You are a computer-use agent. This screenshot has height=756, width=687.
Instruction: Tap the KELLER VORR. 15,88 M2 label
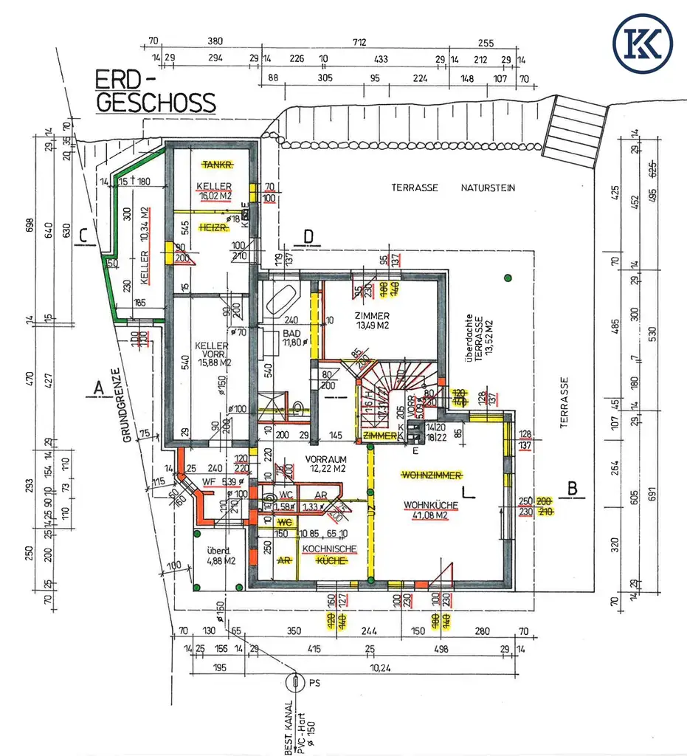213,353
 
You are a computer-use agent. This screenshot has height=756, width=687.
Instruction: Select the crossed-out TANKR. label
218,164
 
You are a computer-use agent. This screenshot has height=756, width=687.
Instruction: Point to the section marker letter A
97,386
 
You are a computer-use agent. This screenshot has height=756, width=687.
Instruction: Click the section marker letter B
571,488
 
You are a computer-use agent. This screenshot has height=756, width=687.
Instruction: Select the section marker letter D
308,236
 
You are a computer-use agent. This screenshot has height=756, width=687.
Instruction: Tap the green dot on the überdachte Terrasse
508,278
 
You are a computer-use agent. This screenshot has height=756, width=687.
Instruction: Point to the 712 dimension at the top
359,41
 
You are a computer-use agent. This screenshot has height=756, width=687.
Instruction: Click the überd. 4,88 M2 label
220,555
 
